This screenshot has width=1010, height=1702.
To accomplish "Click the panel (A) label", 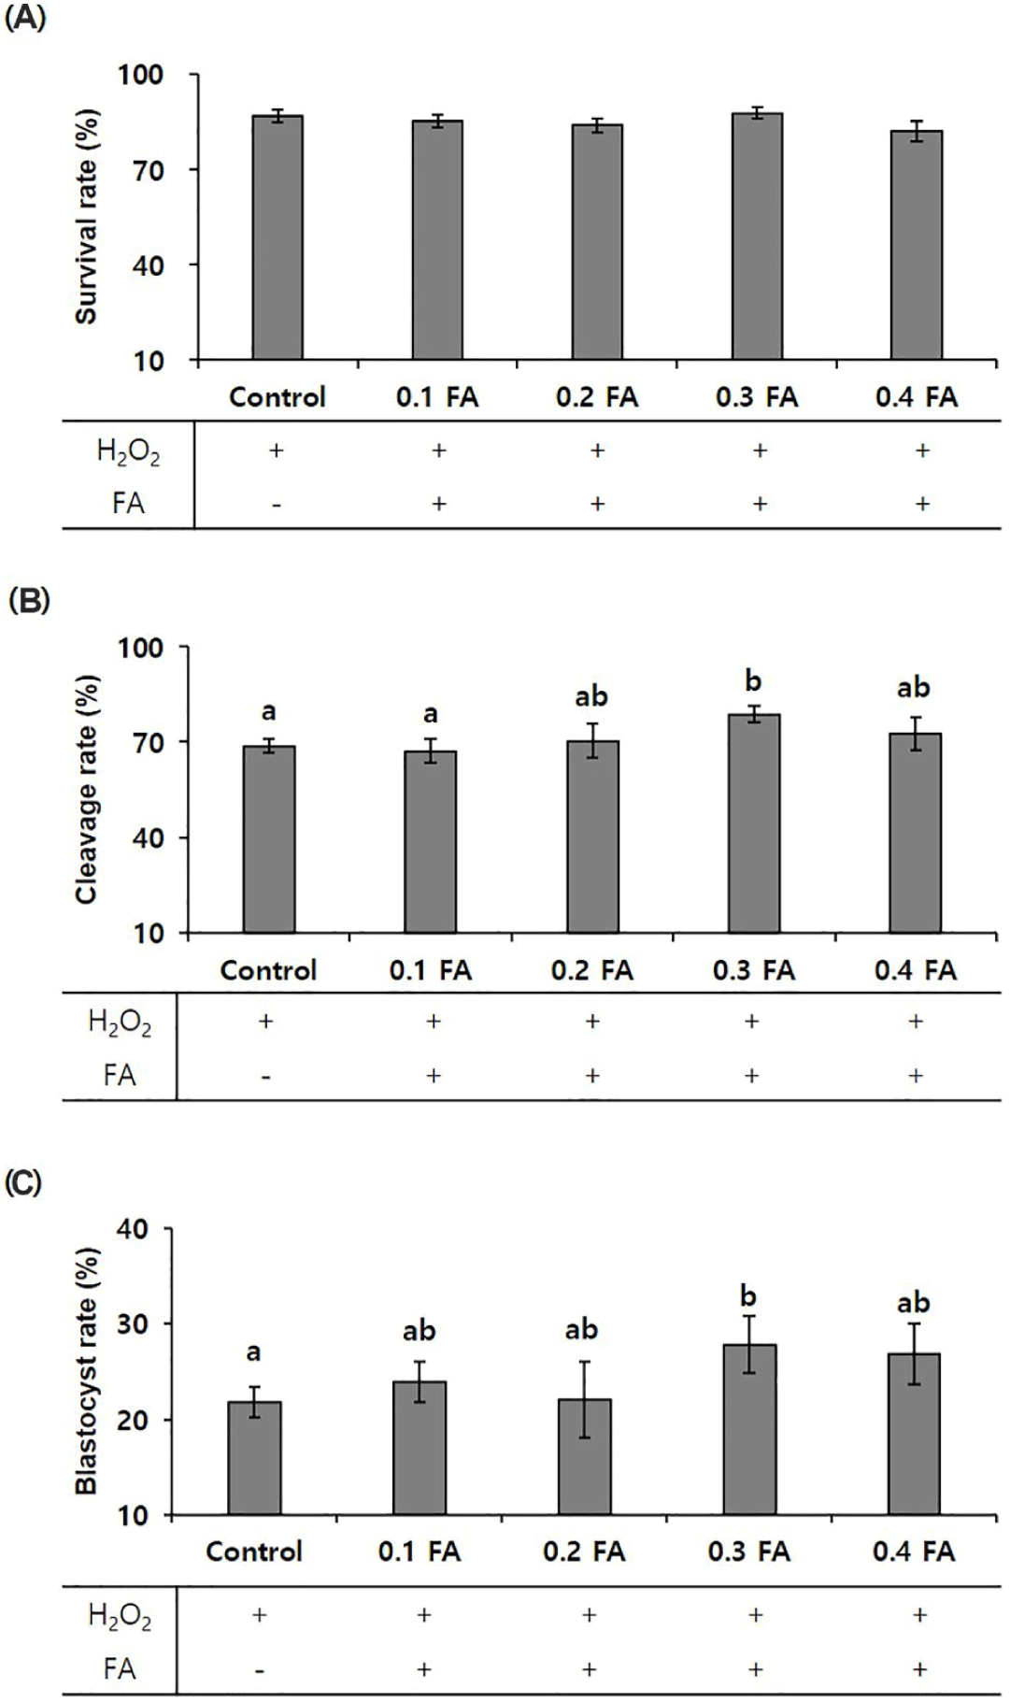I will click(25, 20).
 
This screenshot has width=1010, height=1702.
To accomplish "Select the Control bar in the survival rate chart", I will click(277, 237).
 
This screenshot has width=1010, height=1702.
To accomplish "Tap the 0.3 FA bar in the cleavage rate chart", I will click(753, 823).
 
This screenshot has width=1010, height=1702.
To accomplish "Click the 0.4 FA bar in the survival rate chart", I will click(917, 245).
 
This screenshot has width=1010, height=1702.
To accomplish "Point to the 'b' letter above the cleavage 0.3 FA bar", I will click(753, 681).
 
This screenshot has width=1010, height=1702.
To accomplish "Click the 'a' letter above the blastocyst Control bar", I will click(253, 1352).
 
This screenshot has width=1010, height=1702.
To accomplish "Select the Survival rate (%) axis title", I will click(87, 219).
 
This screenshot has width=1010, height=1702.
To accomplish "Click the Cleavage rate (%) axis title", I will click(87, 790).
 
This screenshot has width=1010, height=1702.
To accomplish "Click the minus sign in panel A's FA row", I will click(277, 505).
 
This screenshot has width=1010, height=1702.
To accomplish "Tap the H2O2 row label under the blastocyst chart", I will click(120, 1616).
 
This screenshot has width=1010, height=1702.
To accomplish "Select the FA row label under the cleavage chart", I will click(120, 1075).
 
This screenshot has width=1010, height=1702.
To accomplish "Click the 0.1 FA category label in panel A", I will click(436, 397).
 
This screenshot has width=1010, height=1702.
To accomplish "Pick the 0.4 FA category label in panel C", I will click(914, 1552).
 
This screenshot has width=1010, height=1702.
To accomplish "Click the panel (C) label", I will click(25, 1182).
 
